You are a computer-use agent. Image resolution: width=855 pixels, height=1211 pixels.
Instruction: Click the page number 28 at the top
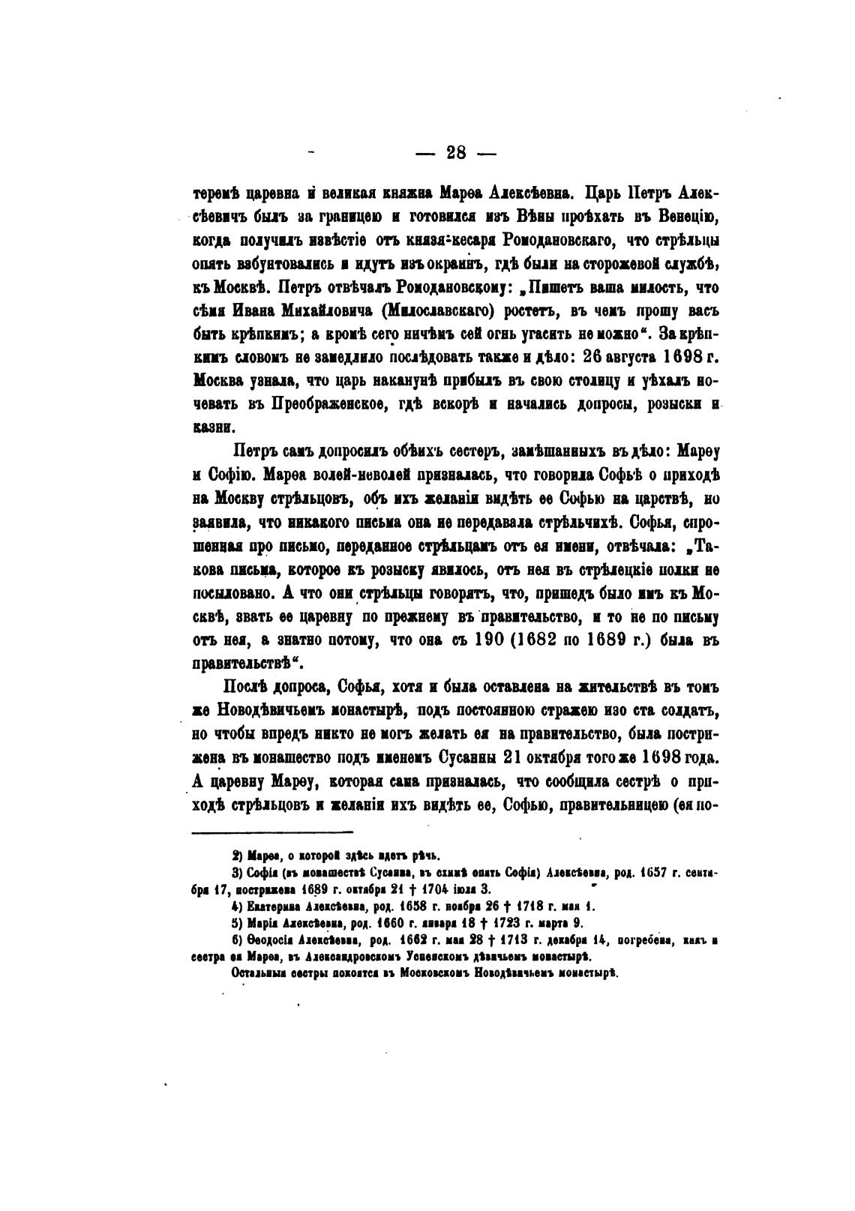click(456, 153)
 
